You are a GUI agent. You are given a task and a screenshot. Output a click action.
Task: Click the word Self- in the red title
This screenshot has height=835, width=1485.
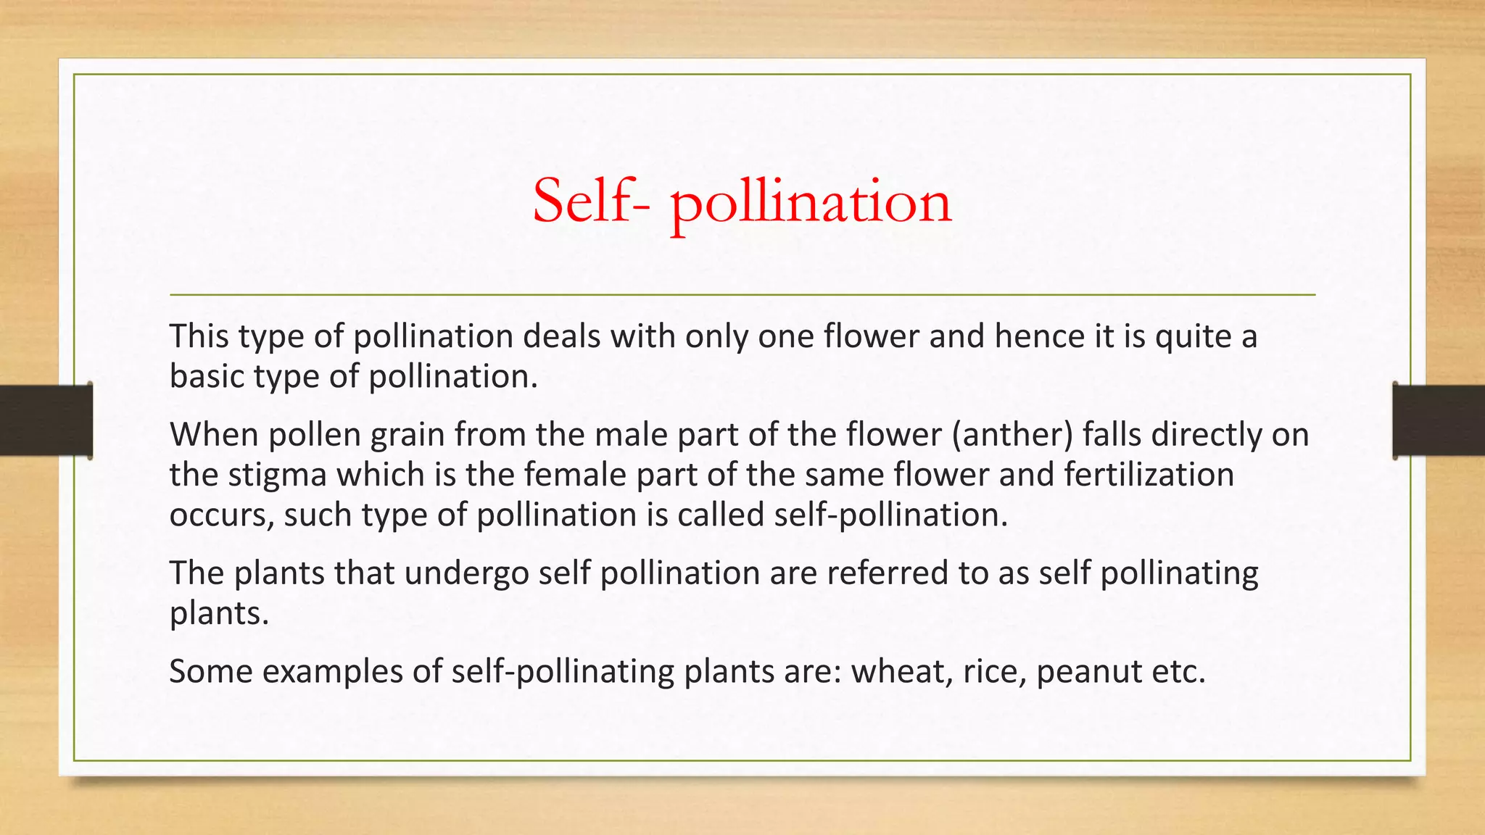click(x=591, y=202)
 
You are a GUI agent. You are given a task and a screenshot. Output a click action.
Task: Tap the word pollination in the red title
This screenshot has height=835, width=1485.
click(x=811, y=203)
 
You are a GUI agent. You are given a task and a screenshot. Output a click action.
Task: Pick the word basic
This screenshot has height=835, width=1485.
click(x=207, y=376)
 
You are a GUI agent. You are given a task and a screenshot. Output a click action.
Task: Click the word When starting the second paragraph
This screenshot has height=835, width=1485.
click(x=214, y=435)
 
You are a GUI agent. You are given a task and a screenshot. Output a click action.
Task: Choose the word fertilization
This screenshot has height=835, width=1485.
click(x=1149, y=475)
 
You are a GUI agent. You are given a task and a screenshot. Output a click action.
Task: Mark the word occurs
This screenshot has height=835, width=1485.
click(x=221, y=515)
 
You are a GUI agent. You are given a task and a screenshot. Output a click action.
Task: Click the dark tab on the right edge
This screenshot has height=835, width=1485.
click(x=1439, y=420)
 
